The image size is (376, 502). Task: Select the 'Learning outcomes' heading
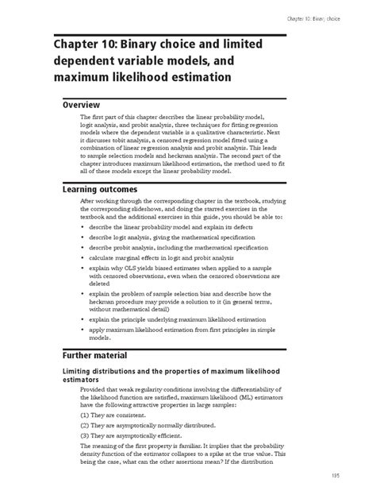click(100, 189)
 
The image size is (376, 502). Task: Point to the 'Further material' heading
click(98, 355)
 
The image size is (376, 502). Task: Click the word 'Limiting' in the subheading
click(81, 372)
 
